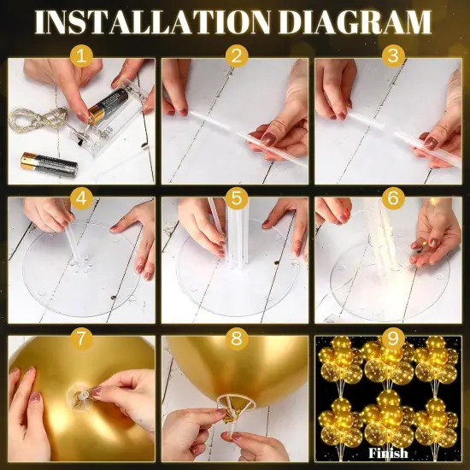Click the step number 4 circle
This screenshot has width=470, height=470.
point(81,199)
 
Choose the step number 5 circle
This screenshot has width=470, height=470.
point(235,199)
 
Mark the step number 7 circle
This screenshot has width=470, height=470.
point(81,338)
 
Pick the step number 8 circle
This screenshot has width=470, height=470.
point(235,338)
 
